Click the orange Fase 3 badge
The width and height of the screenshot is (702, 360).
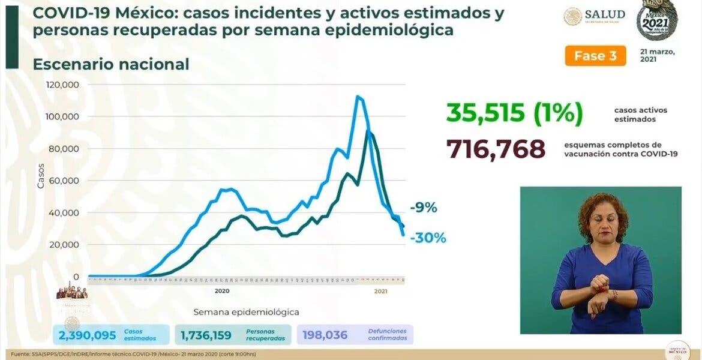click(x=595, y=56)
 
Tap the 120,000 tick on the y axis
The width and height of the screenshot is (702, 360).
click(x=63, y=85)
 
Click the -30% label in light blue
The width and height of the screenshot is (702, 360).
click(x=428, y=238)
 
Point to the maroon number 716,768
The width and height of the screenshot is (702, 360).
click(x=495, y=149)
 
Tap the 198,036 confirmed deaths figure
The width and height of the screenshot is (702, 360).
click(x=326, y=335)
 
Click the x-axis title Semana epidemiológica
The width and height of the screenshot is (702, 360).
click(x=246, y=312)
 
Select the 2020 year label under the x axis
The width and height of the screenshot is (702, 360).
click(x=221, y=291)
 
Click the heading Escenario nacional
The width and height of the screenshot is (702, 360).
click(x=111, y=64)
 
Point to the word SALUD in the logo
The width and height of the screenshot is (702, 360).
click(x=604, y=14)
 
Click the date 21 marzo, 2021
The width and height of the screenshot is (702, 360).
click(x=658, y=55)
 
